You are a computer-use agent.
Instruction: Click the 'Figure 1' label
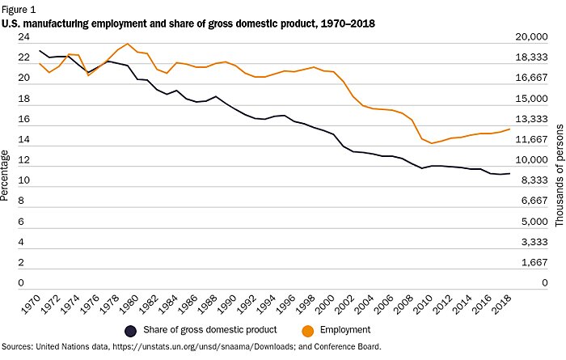[19, 9]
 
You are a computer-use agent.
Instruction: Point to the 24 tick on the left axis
[23, 37]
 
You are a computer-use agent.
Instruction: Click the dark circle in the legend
[129, 330]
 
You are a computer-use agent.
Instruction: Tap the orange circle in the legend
[308, 330]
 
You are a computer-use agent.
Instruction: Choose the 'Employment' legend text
[345, 330]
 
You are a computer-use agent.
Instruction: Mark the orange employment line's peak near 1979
[128, 44]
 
